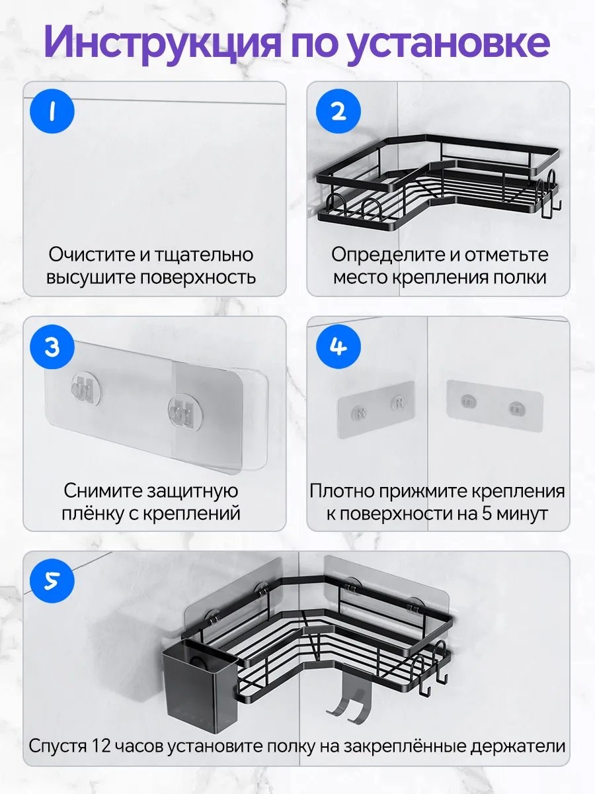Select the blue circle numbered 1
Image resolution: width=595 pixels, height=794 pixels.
(52, 111)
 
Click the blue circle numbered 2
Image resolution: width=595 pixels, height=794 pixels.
(338, 111)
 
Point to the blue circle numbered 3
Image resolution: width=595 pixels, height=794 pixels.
(52, 347)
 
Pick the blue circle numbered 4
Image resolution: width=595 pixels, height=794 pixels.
(338, 347)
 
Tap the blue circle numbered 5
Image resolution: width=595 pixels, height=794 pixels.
(52, 582)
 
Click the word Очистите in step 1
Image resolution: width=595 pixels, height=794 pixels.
(92, 255)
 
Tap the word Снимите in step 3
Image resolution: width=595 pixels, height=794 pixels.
(102, 491)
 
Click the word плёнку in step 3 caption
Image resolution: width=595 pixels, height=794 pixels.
(92, 514)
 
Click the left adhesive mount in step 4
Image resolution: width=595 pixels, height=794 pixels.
(376, 409)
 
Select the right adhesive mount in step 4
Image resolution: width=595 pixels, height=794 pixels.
(495, 406)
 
